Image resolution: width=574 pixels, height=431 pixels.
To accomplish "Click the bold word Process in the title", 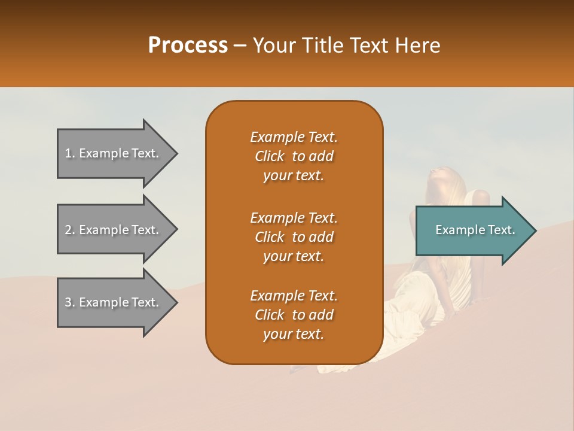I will [x=188, y=45].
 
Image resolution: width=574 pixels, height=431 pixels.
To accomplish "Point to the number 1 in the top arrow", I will [x=68, y=153].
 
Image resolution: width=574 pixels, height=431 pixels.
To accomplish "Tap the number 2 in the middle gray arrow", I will [x=68, y=230].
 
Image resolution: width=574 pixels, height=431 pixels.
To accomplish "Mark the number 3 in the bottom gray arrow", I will [x=68, y=302].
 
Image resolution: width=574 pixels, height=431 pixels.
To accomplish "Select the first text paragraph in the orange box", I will [x=294, y=156].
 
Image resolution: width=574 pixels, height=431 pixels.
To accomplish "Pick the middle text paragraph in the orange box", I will [x=294, y=237].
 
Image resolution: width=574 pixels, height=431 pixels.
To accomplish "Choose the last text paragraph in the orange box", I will [x=294, y=315].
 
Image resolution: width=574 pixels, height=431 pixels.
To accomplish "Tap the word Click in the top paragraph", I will [x=270, y=157].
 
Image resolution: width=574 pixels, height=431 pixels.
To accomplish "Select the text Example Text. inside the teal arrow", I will [x=475, y=230].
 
